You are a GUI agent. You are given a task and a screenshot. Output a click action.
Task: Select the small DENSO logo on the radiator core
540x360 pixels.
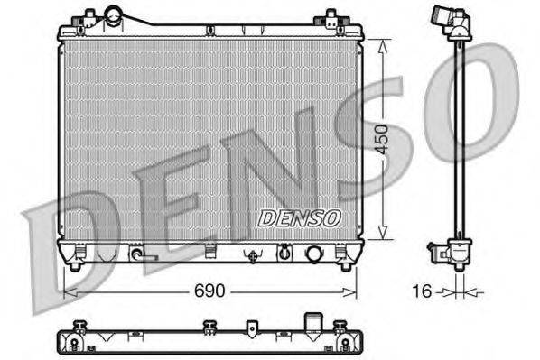point(299,218)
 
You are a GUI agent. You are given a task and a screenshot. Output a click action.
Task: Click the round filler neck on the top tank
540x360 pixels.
point(115,15)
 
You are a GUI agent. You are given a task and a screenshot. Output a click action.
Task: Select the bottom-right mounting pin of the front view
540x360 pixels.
point(344,266)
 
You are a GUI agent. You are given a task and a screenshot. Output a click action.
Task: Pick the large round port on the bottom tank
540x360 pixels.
point(314,254)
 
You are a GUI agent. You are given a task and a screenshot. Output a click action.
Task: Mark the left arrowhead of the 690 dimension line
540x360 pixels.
point(65,292)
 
